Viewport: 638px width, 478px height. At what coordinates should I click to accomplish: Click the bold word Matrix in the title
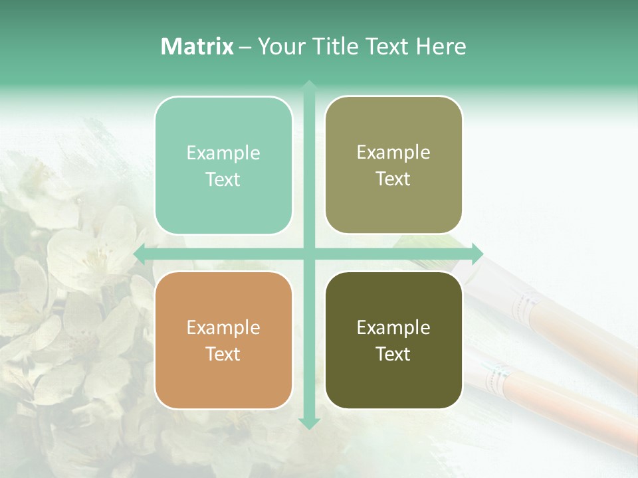pyautogui.click(x=197, y=46)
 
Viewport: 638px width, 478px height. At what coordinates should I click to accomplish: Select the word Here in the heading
pyautogui.click(x=441, y=46)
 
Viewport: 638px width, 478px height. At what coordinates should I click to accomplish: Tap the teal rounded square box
pyautogui.click(x=223, y=165)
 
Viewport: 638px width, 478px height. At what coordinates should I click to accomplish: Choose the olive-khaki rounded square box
pyautogui.click(x=393, y=165)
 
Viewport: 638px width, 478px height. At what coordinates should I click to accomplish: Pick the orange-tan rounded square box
pyautogui.click(x=223, y=340)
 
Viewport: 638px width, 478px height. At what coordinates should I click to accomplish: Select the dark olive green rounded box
pyautogui.click(x=393, y=340)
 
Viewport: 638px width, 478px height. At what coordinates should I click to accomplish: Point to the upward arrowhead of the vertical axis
pyautogui.click(x=309, y=86)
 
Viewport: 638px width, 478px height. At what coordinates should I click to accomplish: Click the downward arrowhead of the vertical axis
pyautogui.click(x=309, y=423)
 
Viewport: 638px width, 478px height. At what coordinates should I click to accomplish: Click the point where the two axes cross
pyautogui.click(x=309, y=254)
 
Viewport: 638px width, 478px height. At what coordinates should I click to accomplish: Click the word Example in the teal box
pyautogui.click(x=223, y=153)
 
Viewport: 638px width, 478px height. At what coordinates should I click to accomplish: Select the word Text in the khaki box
pyautogui.click(x=393, y=179)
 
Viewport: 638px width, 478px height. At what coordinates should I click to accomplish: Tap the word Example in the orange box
pyautogui.click(x=223, y=327)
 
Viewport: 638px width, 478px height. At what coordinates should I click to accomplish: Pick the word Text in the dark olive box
pyautogui.click(x=393, y=354)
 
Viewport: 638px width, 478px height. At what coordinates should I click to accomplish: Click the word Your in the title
pyautogui.click(x=280, y=46)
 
